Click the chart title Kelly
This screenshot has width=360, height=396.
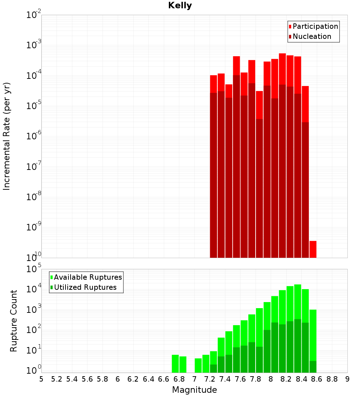(x=180, y=6)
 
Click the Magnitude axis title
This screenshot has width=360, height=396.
(x=194, y=390)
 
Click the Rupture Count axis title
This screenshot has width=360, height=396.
(x=14, y=320)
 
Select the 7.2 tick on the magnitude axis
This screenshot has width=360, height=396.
(x=210, y=379)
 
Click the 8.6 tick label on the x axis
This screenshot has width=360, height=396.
(x=317, y=379)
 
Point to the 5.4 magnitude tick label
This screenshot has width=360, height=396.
(x=72, y=379)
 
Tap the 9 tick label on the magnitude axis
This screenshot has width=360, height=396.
(x=347, y=379)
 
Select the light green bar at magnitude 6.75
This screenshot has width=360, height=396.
(x=175, y=364)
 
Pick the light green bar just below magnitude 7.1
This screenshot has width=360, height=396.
(x=198, y=365)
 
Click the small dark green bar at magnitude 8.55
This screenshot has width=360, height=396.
(x=313, y=366)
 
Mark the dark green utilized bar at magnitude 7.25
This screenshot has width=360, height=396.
(x=213, y=368)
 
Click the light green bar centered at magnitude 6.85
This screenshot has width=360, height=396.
(x=183, y=364)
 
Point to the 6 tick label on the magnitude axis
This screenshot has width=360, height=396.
(x=118, y=379)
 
